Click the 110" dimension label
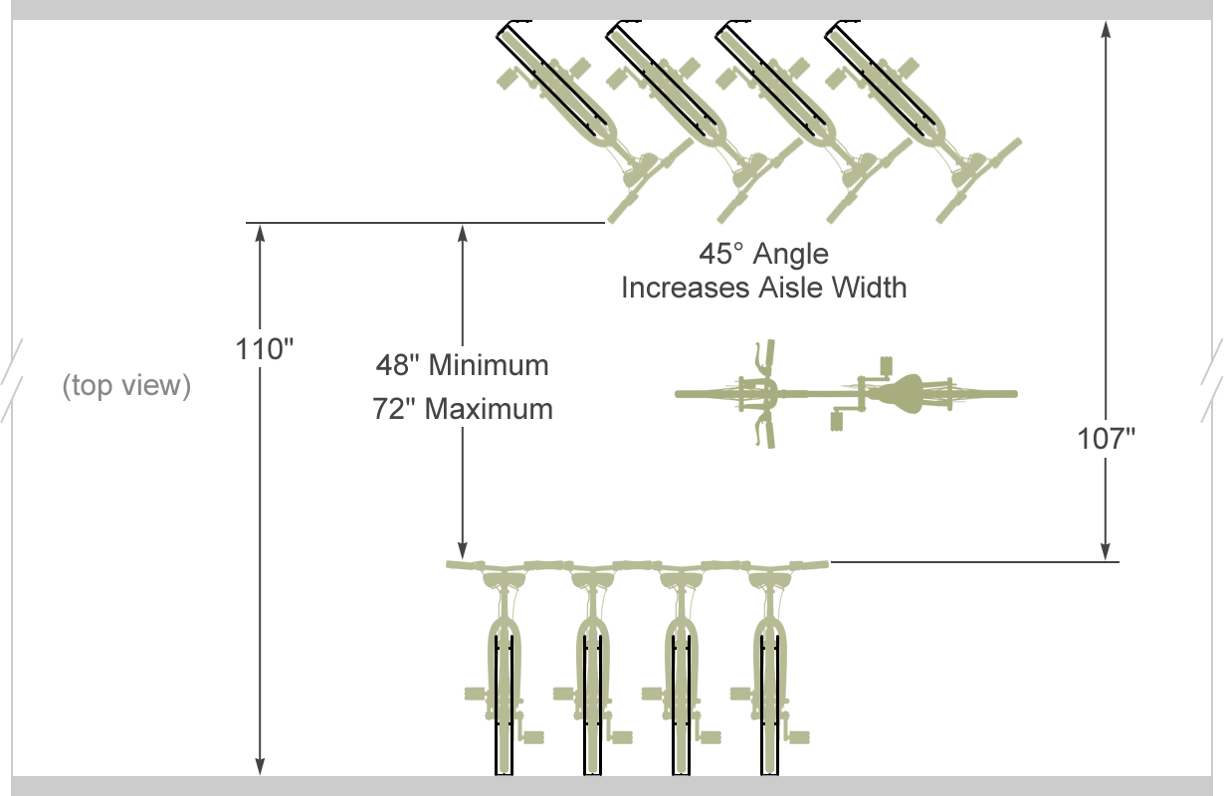coord(265,350)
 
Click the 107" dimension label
coord(1107,438)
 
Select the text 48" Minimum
coord(462,365)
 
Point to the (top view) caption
coord(126,385)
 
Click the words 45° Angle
coord(763,254)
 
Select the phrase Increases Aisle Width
coord(763,288)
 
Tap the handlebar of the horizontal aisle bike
coord(763,394)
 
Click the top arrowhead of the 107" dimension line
coord(1106,29)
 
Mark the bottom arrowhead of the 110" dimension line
coord(261,765)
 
